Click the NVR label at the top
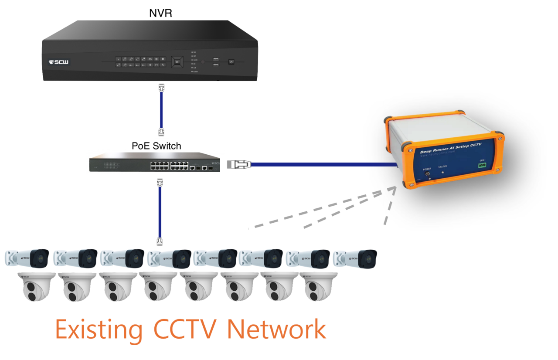pyautogui.click(x=160, y=13)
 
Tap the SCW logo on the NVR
pyautogui.click(x=58, y=62)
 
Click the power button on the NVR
pyautogui.click(x=231, y=62)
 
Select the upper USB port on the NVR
pyautogui.click(x=216, y=59)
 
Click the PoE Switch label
pyautogui.click(x=157, y=146)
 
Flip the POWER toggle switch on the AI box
pyautogui.click(x=427, y=174)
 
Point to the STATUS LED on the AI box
pyautogui.click(x=444, y=172)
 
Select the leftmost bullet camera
pyautogui.click(x=27, y=258)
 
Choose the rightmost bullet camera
pyautogui.click(x=356, y=258)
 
